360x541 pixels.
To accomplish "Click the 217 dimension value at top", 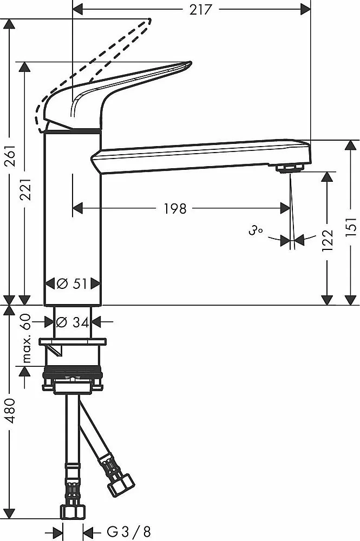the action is pos(200,9).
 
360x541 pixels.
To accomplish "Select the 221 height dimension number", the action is pos(25,189).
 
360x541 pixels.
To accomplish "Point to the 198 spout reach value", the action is pos(175,209).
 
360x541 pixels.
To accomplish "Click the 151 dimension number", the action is pos(351,227).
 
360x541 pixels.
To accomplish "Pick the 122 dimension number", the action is pos(327,240).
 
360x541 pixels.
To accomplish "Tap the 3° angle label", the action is pos(255,230).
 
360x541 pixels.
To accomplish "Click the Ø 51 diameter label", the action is pos(72,283).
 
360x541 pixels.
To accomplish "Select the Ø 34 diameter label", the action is pos(73,322).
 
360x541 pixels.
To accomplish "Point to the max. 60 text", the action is pos(27,339).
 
